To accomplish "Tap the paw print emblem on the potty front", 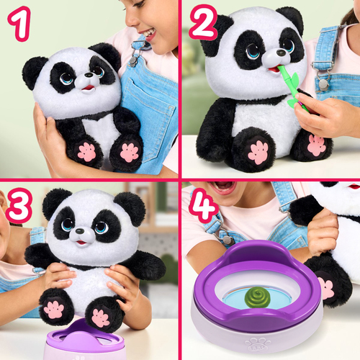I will (257, 339).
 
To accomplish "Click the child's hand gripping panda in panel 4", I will (322, 233).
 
